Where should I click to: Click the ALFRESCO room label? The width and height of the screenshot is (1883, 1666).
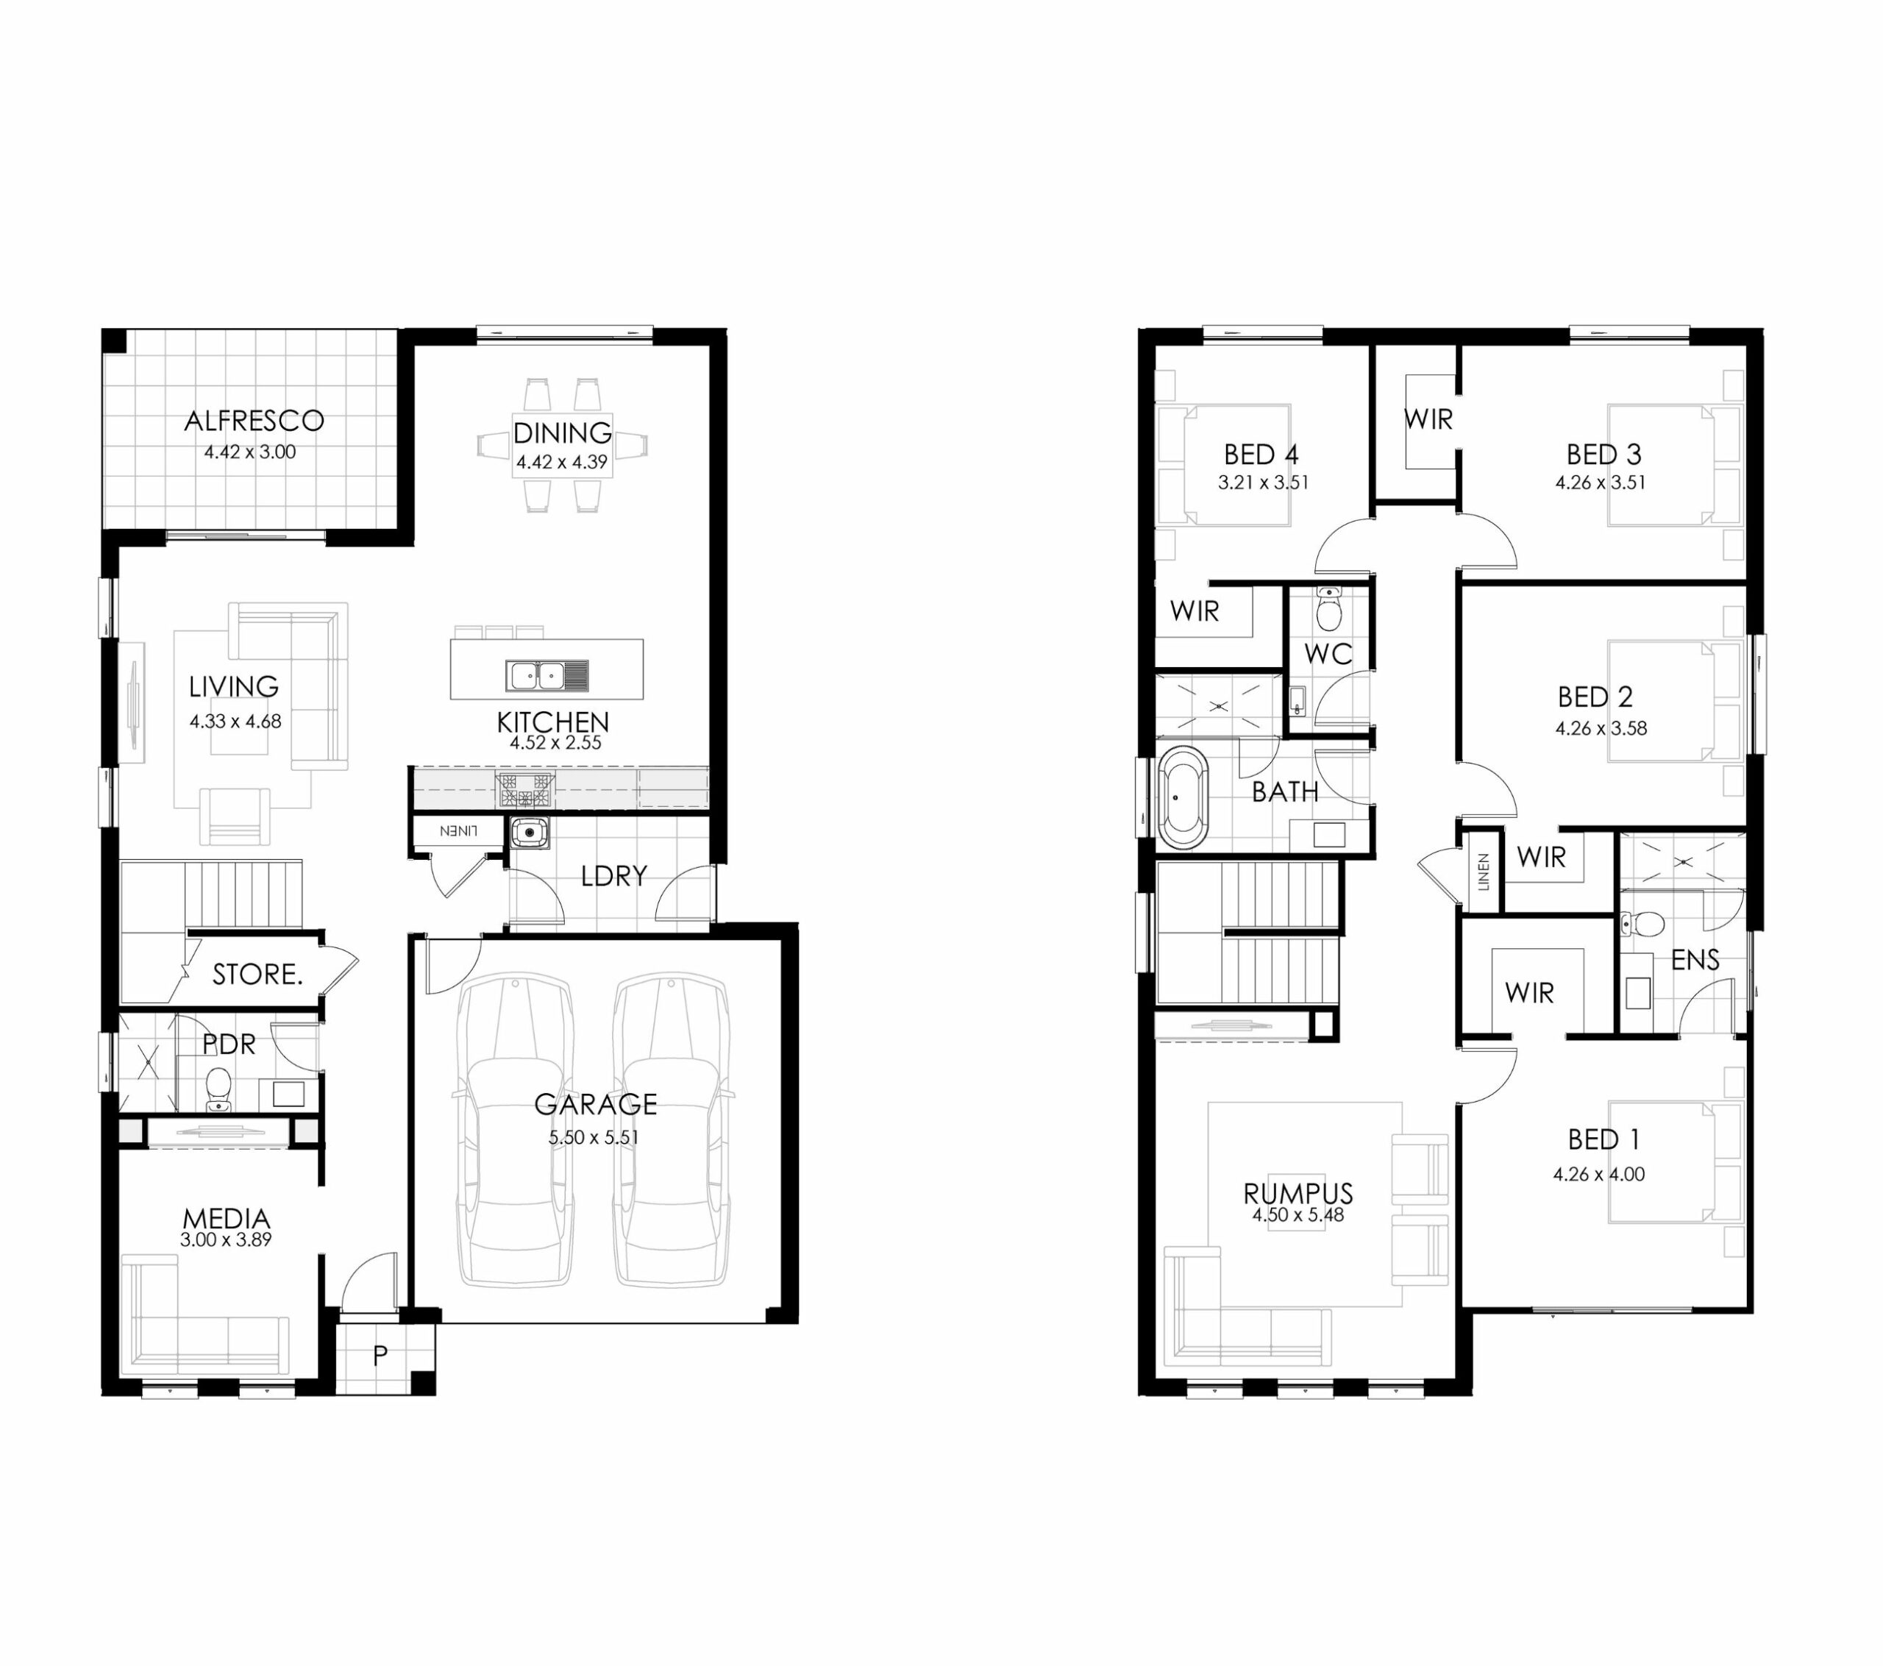(x=254, y=421)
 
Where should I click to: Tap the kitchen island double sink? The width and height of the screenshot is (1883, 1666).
(x=547, y=675)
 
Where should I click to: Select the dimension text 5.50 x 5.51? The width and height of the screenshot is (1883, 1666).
(x=594, y=1138)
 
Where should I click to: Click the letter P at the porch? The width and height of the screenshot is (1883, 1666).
(x=380, y=1356)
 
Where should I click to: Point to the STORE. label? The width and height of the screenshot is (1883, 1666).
(x=257, y=974)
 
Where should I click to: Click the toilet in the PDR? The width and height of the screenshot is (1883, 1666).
(x=218, y=1089)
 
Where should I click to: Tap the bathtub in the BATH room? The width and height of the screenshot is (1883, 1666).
(x=1183, y=798)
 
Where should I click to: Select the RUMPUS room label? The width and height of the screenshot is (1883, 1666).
(x=1298, y=1193)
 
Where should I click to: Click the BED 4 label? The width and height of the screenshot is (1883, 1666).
(x=1261, y=455)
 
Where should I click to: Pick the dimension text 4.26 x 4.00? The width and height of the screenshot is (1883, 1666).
(x=1598, y=1174)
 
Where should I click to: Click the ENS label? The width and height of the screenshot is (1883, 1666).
(x=1695, y=960)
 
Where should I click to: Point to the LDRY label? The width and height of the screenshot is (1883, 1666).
(x=613, y=875)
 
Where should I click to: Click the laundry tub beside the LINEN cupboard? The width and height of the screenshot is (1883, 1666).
(x=530, y=833)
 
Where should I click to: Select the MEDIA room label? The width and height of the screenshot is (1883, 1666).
(x=227, y=1219)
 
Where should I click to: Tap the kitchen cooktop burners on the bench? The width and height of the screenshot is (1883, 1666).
(x=526, y=791)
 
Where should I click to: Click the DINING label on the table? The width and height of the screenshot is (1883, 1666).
(x=562, y=432)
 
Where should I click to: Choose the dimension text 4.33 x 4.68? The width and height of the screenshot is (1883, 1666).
(x=236, y=722)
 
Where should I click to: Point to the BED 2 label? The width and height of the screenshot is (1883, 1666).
(x=1595, y=697)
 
